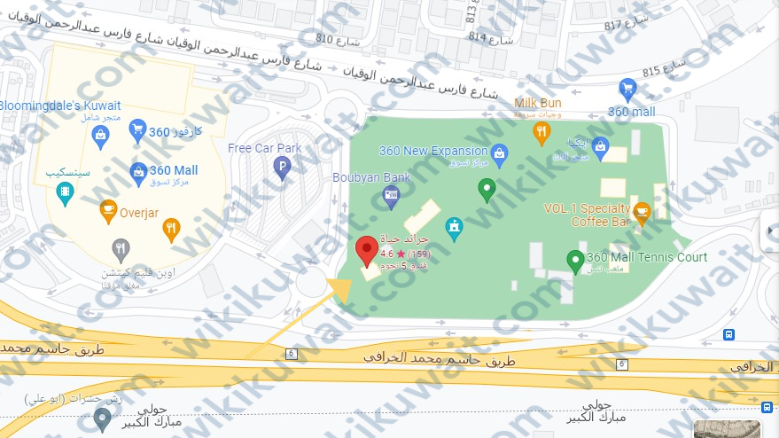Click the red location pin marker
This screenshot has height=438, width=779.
point(365,250)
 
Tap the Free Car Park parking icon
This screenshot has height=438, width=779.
point(282,166)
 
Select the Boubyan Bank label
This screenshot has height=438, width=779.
point(371,177)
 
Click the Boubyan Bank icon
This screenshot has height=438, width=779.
point(390,195)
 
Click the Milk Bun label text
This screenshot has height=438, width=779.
point(538,103)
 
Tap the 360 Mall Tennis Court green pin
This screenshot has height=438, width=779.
point(574,260)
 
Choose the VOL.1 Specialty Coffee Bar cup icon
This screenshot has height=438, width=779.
point(642,211)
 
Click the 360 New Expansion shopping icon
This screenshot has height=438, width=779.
point(499,152)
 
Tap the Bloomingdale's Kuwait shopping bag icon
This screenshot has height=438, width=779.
point(100,134)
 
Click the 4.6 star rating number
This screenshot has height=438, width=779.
point(386,254)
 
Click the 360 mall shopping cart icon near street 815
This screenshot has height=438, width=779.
point(628,89)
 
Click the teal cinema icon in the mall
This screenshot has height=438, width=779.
point(65,192)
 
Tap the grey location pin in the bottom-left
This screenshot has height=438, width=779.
point(103,418)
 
